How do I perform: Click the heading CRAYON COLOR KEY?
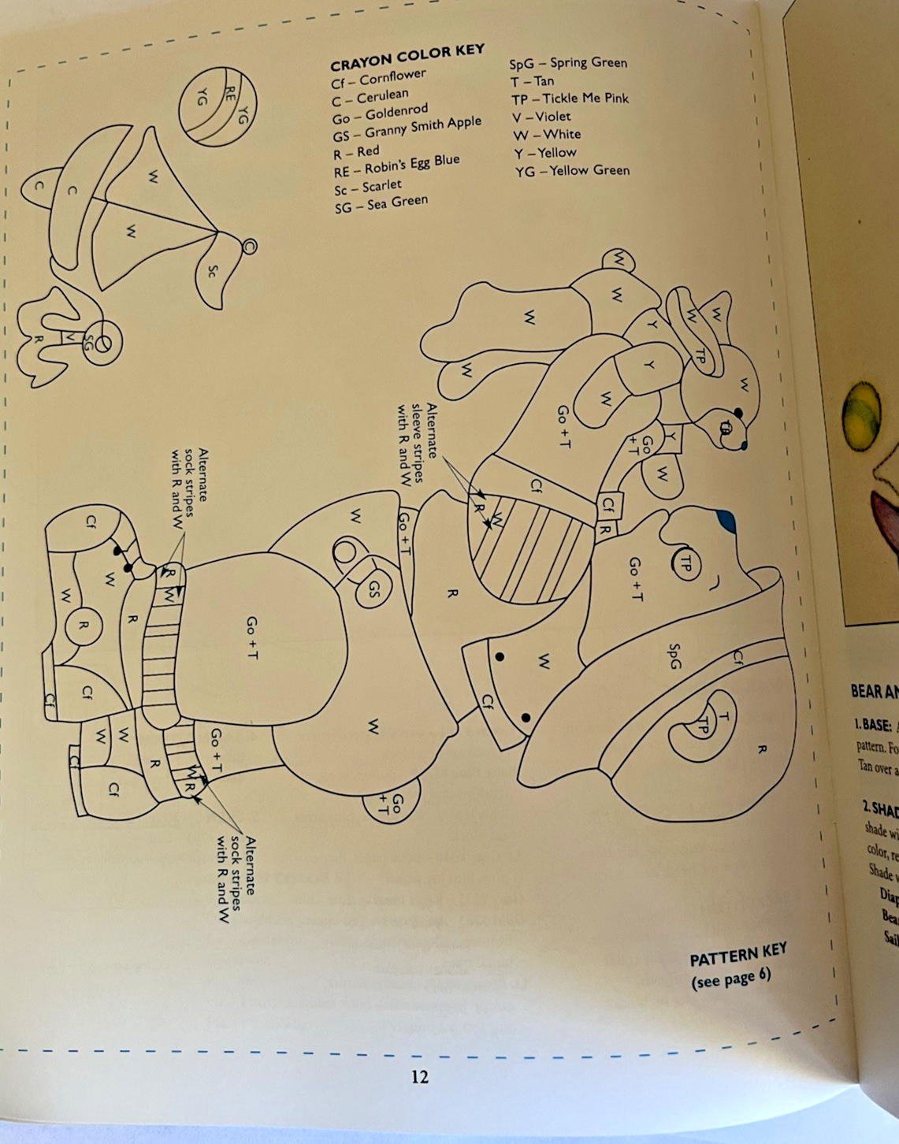pos(407,58)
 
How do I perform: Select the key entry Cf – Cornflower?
pos(378,79)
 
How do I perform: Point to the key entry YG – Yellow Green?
pos(572,170)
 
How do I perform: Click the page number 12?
pos(420,1076)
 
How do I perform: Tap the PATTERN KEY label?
pos(737,954)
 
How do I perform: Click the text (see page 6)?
pos(730,978)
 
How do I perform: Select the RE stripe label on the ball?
pos(231,97)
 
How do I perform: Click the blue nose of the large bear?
pos(726,520)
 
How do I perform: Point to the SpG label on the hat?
pos(674,656)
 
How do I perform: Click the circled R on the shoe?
pos(83,626)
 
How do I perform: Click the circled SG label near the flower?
pos(88,344)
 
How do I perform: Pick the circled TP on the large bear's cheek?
pos(685,564)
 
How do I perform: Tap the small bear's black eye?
pos(738,412)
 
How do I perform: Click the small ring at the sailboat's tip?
pos(249,246)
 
